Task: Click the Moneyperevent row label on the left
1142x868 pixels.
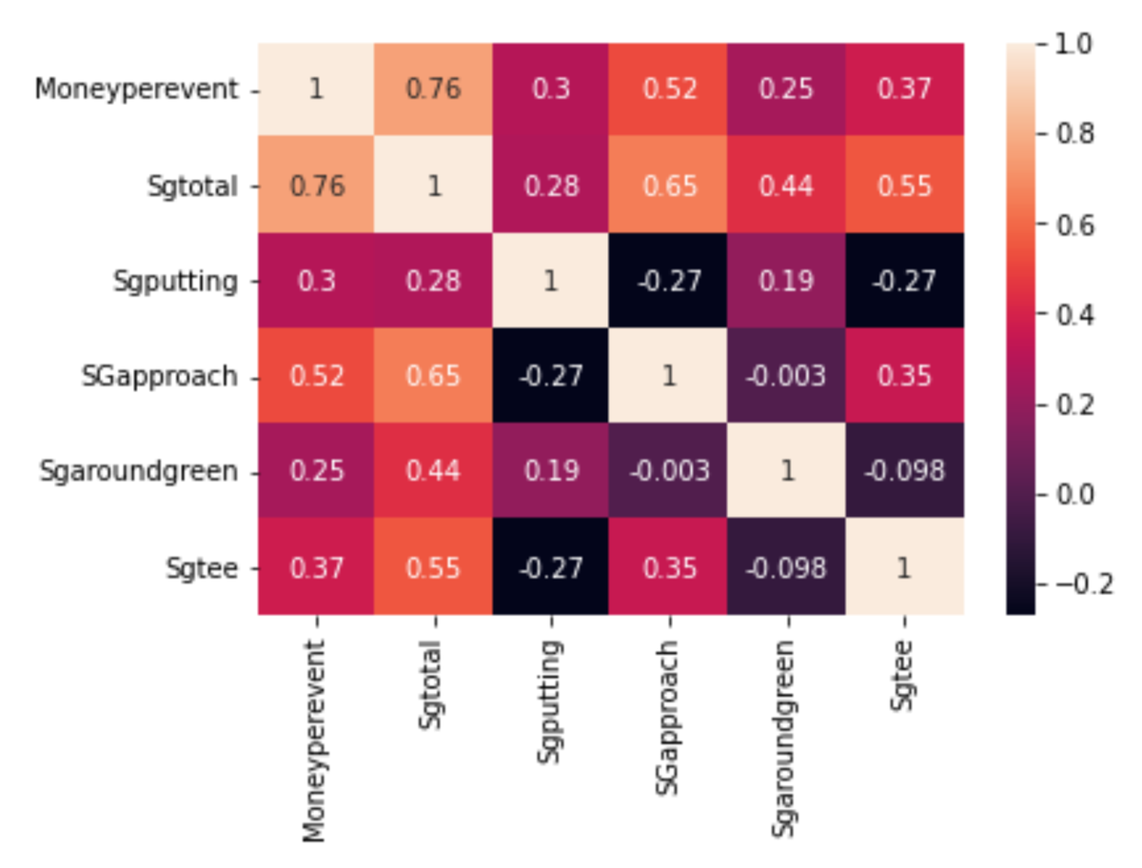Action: pyautogui.click(x=135, y=90)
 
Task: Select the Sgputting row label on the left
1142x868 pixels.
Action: pyautogui.click(x=176, y=283)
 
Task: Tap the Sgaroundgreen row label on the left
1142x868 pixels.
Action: pyautogui.click(x=139, y=472)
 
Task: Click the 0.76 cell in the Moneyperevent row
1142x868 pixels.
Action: pyautogui.click(x=434, y=90)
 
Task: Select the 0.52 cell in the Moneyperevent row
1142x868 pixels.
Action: pyautogui.click(x=669, y=90)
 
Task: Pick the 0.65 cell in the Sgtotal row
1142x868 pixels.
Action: pyautogui.click(x=669, y=187)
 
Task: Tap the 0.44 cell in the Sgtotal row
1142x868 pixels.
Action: pyautogui.click(x=787, y=187)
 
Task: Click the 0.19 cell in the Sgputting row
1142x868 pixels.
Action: pyautogui.click(x=787, y=283)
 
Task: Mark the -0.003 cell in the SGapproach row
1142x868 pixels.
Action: pyautogui.click(x=787, y=377)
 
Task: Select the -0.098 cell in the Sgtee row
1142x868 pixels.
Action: pyautogui.click(x=787, y=568)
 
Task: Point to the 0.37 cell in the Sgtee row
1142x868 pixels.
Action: pyautogui.click(x=317, y=568)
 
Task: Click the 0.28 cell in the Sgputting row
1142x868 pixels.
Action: pyautogui.click(x=434, y=283)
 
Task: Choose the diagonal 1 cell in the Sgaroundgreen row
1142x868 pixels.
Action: pyautogui.click(x=787, y=472)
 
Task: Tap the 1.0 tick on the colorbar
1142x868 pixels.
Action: pyautogui.click(x=1073, y=44)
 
